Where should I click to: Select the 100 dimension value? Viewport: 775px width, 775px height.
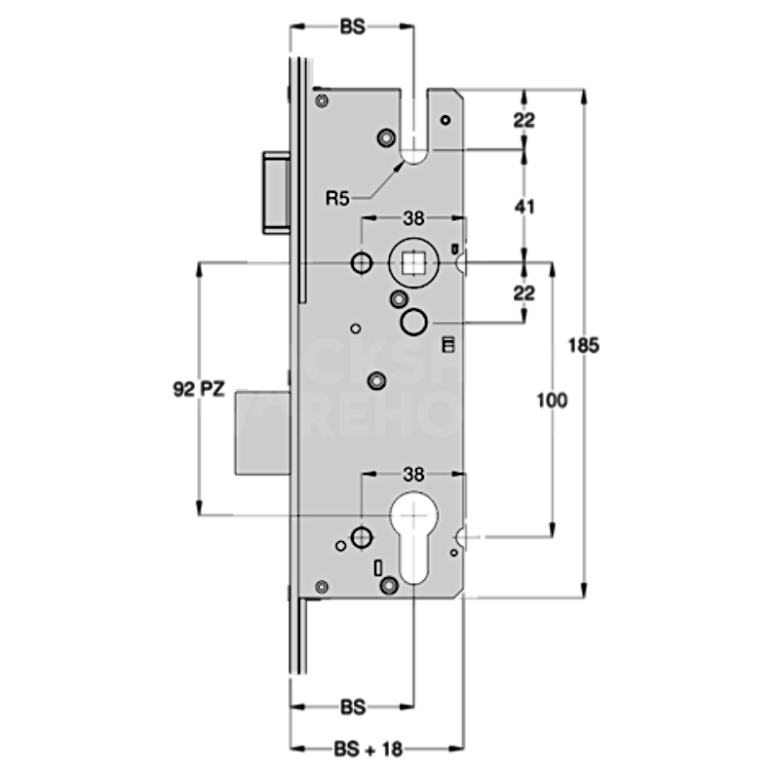(x=551, y=400)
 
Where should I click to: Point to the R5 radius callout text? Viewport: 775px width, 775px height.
(x=337, y=199)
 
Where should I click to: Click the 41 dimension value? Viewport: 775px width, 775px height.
(x=524, y=207)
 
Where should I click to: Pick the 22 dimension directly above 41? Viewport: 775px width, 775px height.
(x=524, y=121)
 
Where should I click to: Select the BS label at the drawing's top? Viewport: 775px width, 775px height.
(x=352, y=29)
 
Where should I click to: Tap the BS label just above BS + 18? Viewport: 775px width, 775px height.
(x=352, y=705)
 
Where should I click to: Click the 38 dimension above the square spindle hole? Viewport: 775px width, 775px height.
(x=413, y=219)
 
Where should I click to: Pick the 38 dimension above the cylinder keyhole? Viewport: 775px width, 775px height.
(x=413, y=475)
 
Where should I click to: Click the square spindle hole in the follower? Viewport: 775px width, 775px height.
(x=413, y=261)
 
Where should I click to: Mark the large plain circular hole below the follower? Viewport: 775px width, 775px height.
(x=413, y=321)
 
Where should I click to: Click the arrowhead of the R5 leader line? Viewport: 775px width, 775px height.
(x=402, y=167)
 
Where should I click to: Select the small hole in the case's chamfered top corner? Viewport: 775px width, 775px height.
(x=445, y=120)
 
